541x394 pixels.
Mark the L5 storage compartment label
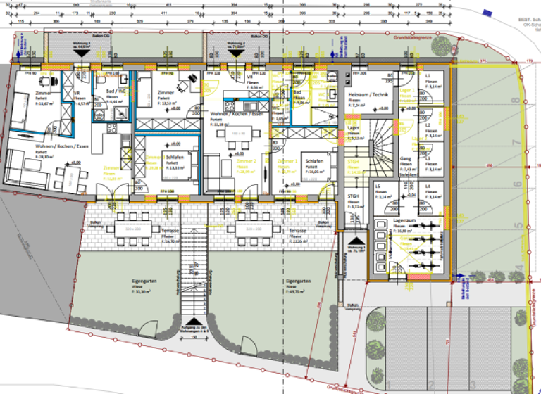pos(379,186)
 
